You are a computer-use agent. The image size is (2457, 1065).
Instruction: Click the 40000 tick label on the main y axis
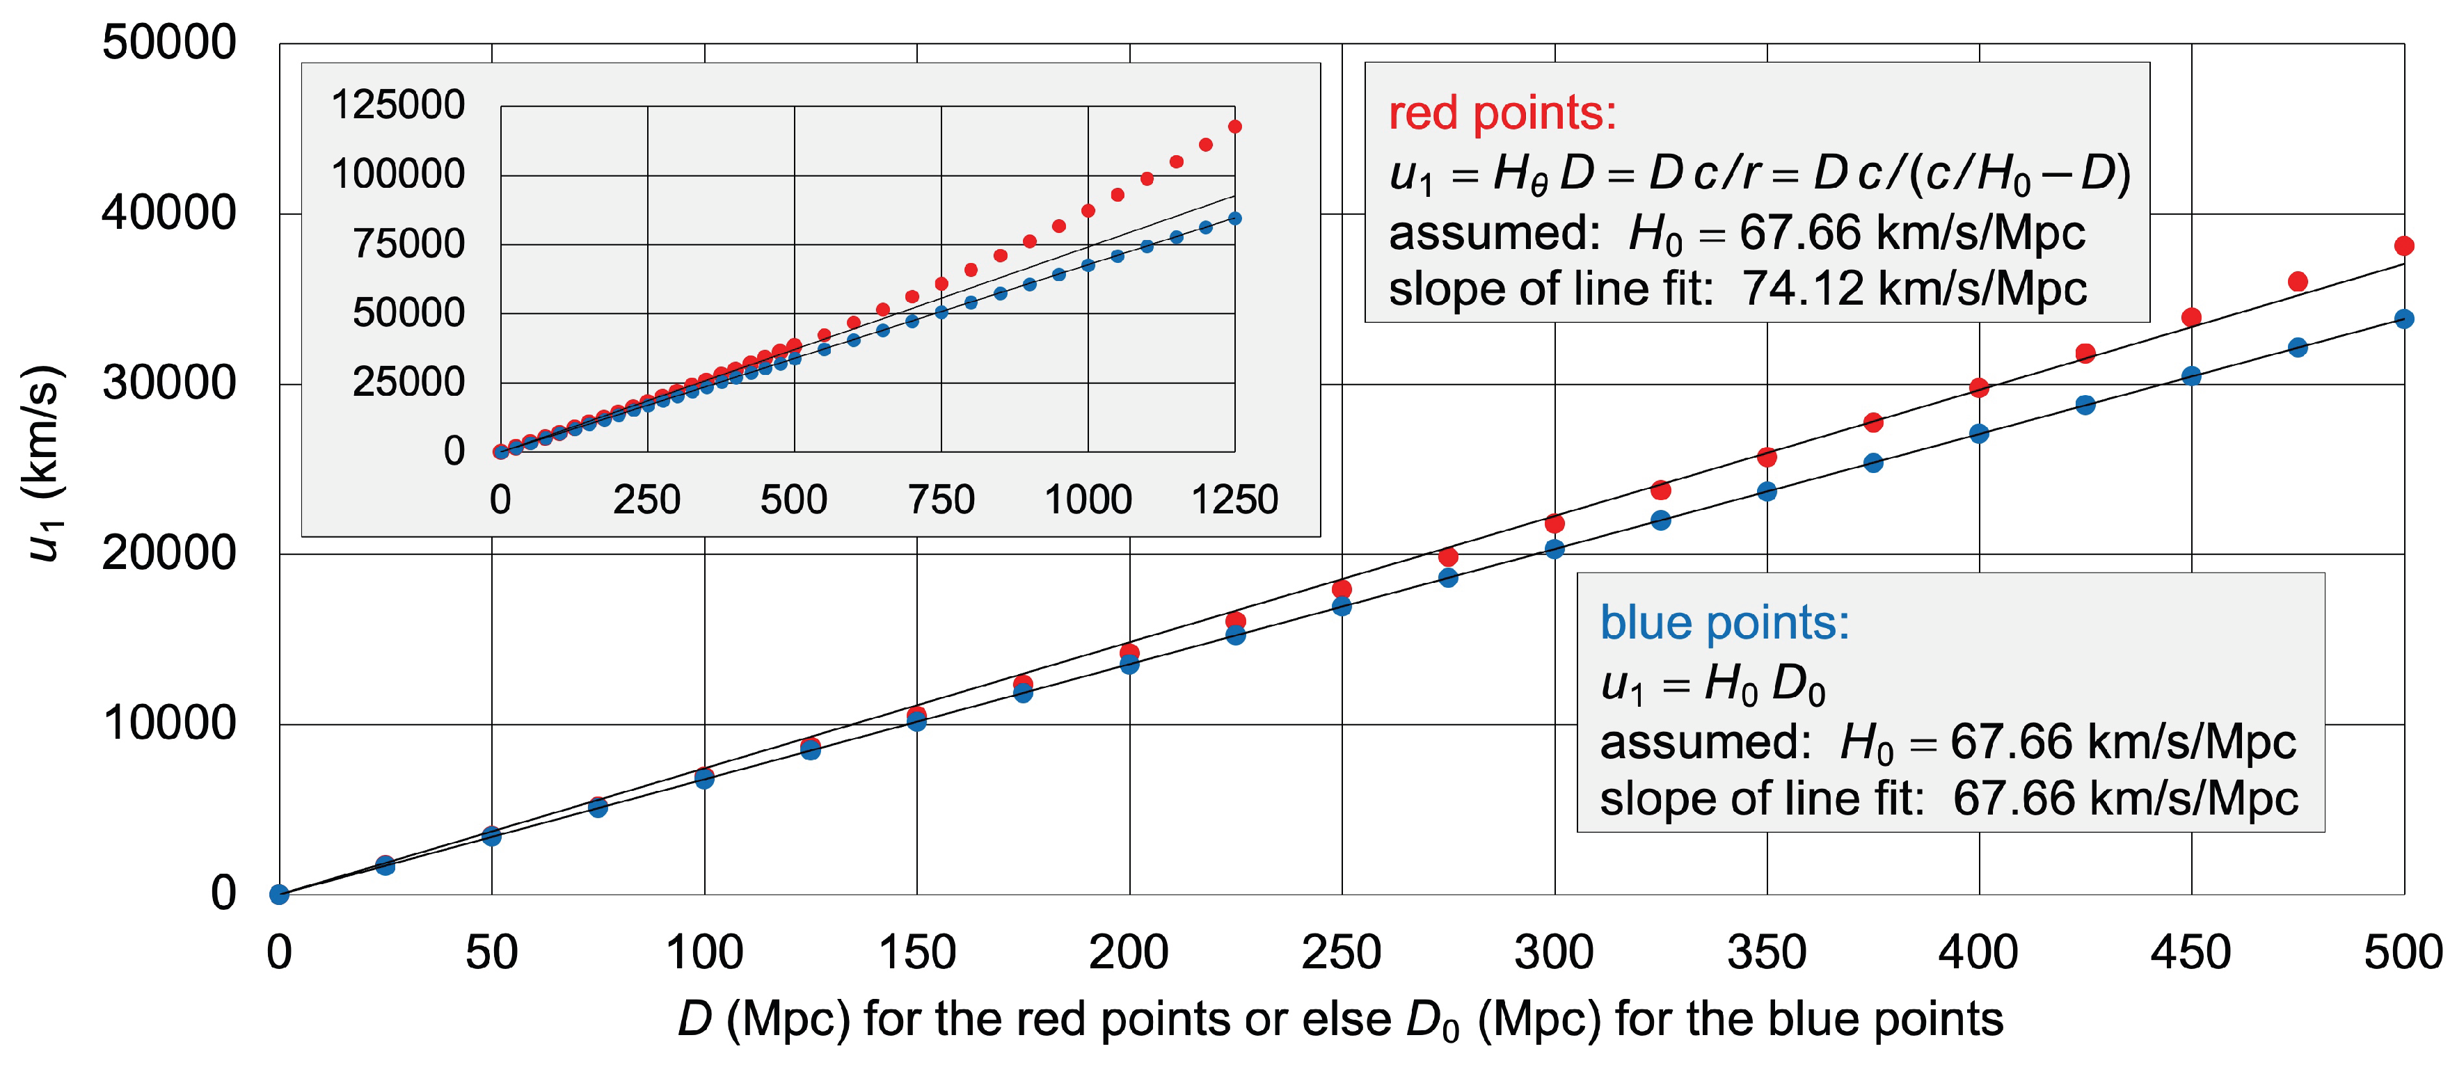pos(169,213)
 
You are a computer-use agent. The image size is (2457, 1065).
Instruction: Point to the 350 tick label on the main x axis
pos(1767,952)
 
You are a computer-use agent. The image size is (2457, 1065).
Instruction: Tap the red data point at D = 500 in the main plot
pos(2403,246)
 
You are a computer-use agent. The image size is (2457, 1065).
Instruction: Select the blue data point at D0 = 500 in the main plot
pos(2403,319)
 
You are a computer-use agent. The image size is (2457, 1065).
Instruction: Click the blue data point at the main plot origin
pos(280,893)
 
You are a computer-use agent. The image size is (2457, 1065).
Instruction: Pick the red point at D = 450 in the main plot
pos(2191,317)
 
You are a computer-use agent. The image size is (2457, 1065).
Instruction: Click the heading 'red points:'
pos(1502,113)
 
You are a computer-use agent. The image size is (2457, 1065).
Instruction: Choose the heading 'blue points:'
pos(1724,623)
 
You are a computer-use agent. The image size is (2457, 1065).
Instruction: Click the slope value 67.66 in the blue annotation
pos(2012,798)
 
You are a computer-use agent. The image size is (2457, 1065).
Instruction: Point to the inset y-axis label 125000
pos(398,105)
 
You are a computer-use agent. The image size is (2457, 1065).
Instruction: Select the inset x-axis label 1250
pos(1234,499)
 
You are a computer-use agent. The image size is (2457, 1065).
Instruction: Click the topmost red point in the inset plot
pos(1234,126)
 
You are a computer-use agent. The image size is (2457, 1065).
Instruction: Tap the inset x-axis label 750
pos(941,499)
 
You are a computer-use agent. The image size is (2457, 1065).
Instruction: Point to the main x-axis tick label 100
pos(704,952)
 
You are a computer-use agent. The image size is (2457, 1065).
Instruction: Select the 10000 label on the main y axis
pos(169,723)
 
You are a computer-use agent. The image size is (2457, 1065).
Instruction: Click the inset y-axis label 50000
pos(408,313)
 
